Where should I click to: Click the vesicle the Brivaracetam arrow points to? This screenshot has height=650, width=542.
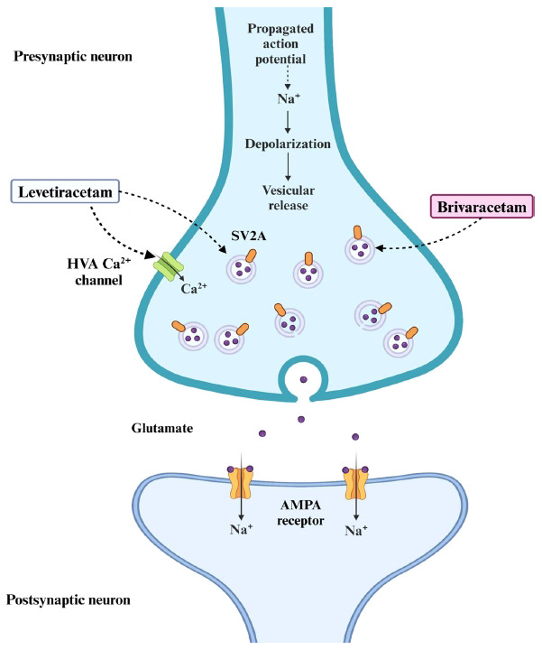(x=358, y=250)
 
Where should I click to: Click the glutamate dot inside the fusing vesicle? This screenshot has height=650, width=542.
(x=303, y=378)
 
